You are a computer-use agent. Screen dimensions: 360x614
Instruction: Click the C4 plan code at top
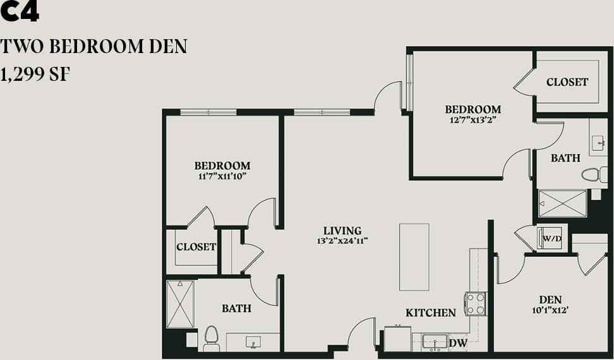pos(20,12)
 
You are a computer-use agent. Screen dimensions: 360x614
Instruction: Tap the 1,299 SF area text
pos(35,75)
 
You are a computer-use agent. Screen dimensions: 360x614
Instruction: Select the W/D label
pos(552,239)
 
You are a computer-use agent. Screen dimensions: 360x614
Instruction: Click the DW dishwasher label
pos(458,343)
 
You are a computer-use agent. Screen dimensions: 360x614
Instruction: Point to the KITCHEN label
pos(430,313)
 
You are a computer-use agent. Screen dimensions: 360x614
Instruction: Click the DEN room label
pos(550,299)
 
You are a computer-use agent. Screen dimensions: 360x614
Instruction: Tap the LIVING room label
pos(342,231)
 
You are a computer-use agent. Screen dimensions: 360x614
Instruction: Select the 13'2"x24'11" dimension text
pos(342,241)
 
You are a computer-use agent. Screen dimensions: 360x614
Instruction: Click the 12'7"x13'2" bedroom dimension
pos(473,119)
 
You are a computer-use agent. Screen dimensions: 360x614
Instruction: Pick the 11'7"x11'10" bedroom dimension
pos(222,176)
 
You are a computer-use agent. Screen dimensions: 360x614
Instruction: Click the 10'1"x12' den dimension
pos(550,309)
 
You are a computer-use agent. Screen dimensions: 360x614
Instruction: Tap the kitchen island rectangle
pos(414,256)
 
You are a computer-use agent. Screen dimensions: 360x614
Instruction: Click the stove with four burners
pos(476,303)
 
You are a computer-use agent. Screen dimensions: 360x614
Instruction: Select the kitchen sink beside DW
pos(435,342)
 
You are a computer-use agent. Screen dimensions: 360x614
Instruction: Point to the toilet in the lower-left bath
pos(211,339)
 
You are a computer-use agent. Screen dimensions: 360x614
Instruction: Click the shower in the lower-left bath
pos(180,304)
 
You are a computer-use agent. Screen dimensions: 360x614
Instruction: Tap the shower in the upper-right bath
pos(562,203)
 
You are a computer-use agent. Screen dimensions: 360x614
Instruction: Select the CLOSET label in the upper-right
pos(567,82)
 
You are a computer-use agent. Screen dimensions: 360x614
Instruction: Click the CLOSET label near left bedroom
pos(196,247)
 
